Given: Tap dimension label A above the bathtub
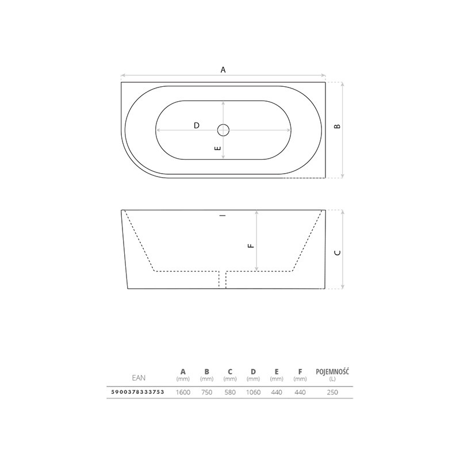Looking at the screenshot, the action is [223, 70].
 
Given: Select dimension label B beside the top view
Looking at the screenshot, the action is [338, 126].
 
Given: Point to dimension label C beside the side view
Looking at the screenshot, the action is [338, 252].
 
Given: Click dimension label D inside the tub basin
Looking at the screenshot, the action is [197, 125].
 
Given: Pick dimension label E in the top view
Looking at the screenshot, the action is [218, 148].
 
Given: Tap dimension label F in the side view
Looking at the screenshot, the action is [251, 246].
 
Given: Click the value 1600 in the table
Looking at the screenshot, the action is [183, 392].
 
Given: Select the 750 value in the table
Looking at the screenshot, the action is [207, 392].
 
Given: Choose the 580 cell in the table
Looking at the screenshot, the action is [230, 392].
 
